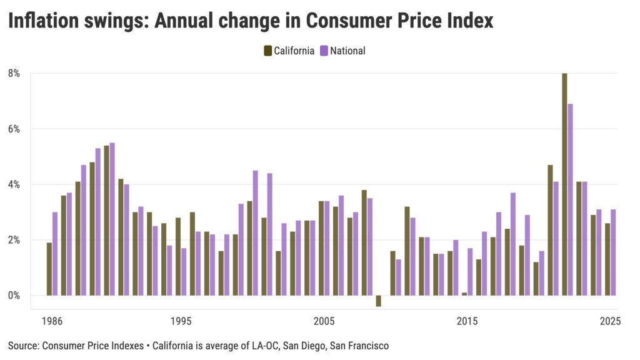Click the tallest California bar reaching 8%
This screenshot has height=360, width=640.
click(564, 184)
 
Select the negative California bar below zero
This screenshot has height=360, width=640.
click(378, 301)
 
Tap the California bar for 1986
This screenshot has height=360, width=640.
click(49, 269)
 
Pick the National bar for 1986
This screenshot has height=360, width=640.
click(55, 254)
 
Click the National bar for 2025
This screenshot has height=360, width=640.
click(613, 252)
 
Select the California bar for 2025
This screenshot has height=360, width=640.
click(607, 259)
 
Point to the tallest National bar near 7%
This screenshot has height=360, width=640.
click(570, 199)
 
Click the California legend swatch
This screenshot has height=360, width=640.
click(267, 51)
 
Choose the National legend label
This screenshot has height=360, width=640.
click(347, 51)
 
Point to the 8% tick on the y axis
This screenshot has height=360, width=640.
click(14, 73)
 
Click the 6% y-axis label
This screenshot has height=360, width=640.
click(14, 129)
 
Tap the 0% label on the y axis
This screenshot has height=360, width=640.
click(14, 296)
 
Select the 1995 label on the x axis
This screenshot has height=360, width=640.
click(181, 322)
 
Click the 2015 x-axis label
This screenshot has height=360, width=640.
click(467, 322)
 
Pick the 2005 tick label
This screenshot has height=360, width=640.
click(324, 322)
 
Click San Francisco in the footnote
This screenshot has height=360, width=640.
click(361, 345)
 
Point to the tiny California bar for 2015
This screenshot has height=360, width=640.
click(464, 294)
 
